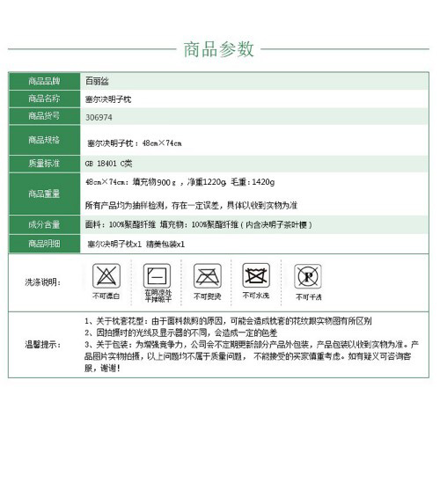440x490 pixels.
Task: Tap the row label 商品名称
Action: point(44,98)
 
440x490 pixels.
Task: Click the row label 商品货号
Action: point(44,116)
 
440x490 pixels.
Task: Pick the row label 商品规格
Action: point(44,140)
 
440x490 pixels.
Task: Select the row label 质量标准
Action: point(44,163)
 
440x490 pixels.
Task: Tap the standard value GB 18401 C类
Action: point(108,164)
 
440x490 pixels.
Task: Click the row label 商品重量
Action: point(44,194)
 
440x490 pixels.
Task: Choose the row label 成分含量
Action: point(44,225)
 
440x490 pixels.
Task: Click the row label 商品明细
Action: point(44,243)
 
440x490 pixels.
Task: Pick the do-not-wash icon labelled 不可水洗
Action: point(256,275)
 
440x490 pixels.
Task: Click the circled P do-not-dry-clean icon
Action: point(307,277)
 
